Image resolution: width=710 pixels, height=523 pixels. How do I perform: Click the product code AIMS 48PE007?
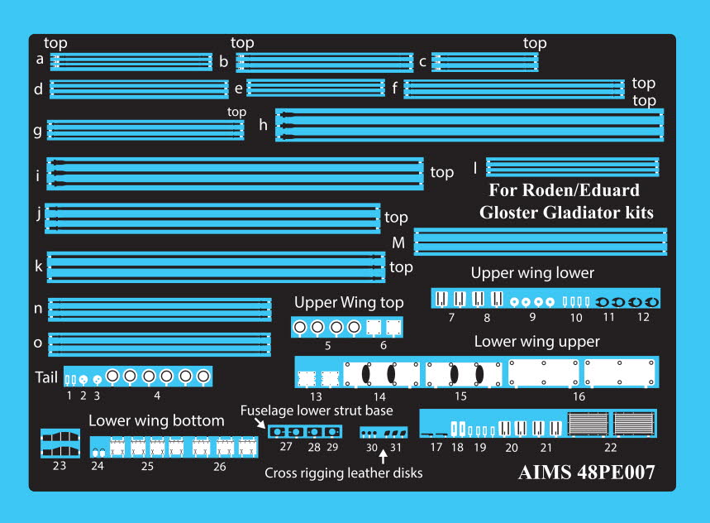587,473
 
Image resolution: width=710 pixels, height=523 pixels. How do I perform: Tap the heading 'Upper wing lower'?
532,273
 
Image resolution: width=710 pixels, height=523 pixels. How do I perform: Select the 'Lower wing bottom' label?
156,420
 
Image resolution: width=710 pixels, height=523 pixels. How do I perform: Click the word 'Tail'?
45,377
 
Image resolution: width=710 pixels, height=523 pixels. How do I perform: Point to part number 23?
58,465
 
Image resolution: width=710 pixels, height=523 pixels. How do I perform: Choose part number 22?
610,448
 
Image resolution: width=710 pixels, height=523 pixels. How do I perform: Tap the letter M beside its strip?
398,242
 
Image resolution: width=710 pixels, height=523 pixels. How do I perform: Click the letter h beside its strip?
263,125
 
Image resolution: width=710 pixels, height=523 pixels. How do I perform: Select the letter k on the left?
39,266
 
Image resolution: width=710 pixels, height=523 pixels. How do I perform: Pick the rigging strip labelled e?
316,88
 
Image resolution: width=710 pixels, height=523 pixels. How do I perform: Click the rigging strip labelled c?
485,62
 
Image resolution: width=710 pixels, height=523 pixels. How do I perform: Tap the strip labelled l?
572,167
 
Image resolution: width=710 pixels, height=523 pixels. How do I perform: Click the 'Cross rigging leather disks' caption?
343,473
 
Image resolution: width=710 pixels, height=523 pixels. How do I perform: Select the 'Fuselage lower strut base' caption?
316,410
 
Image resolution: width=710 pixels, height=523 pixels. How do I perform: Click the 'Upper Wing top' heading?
349,302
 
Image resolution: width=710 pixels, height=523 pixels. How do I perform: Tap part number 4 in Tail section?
157,396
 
